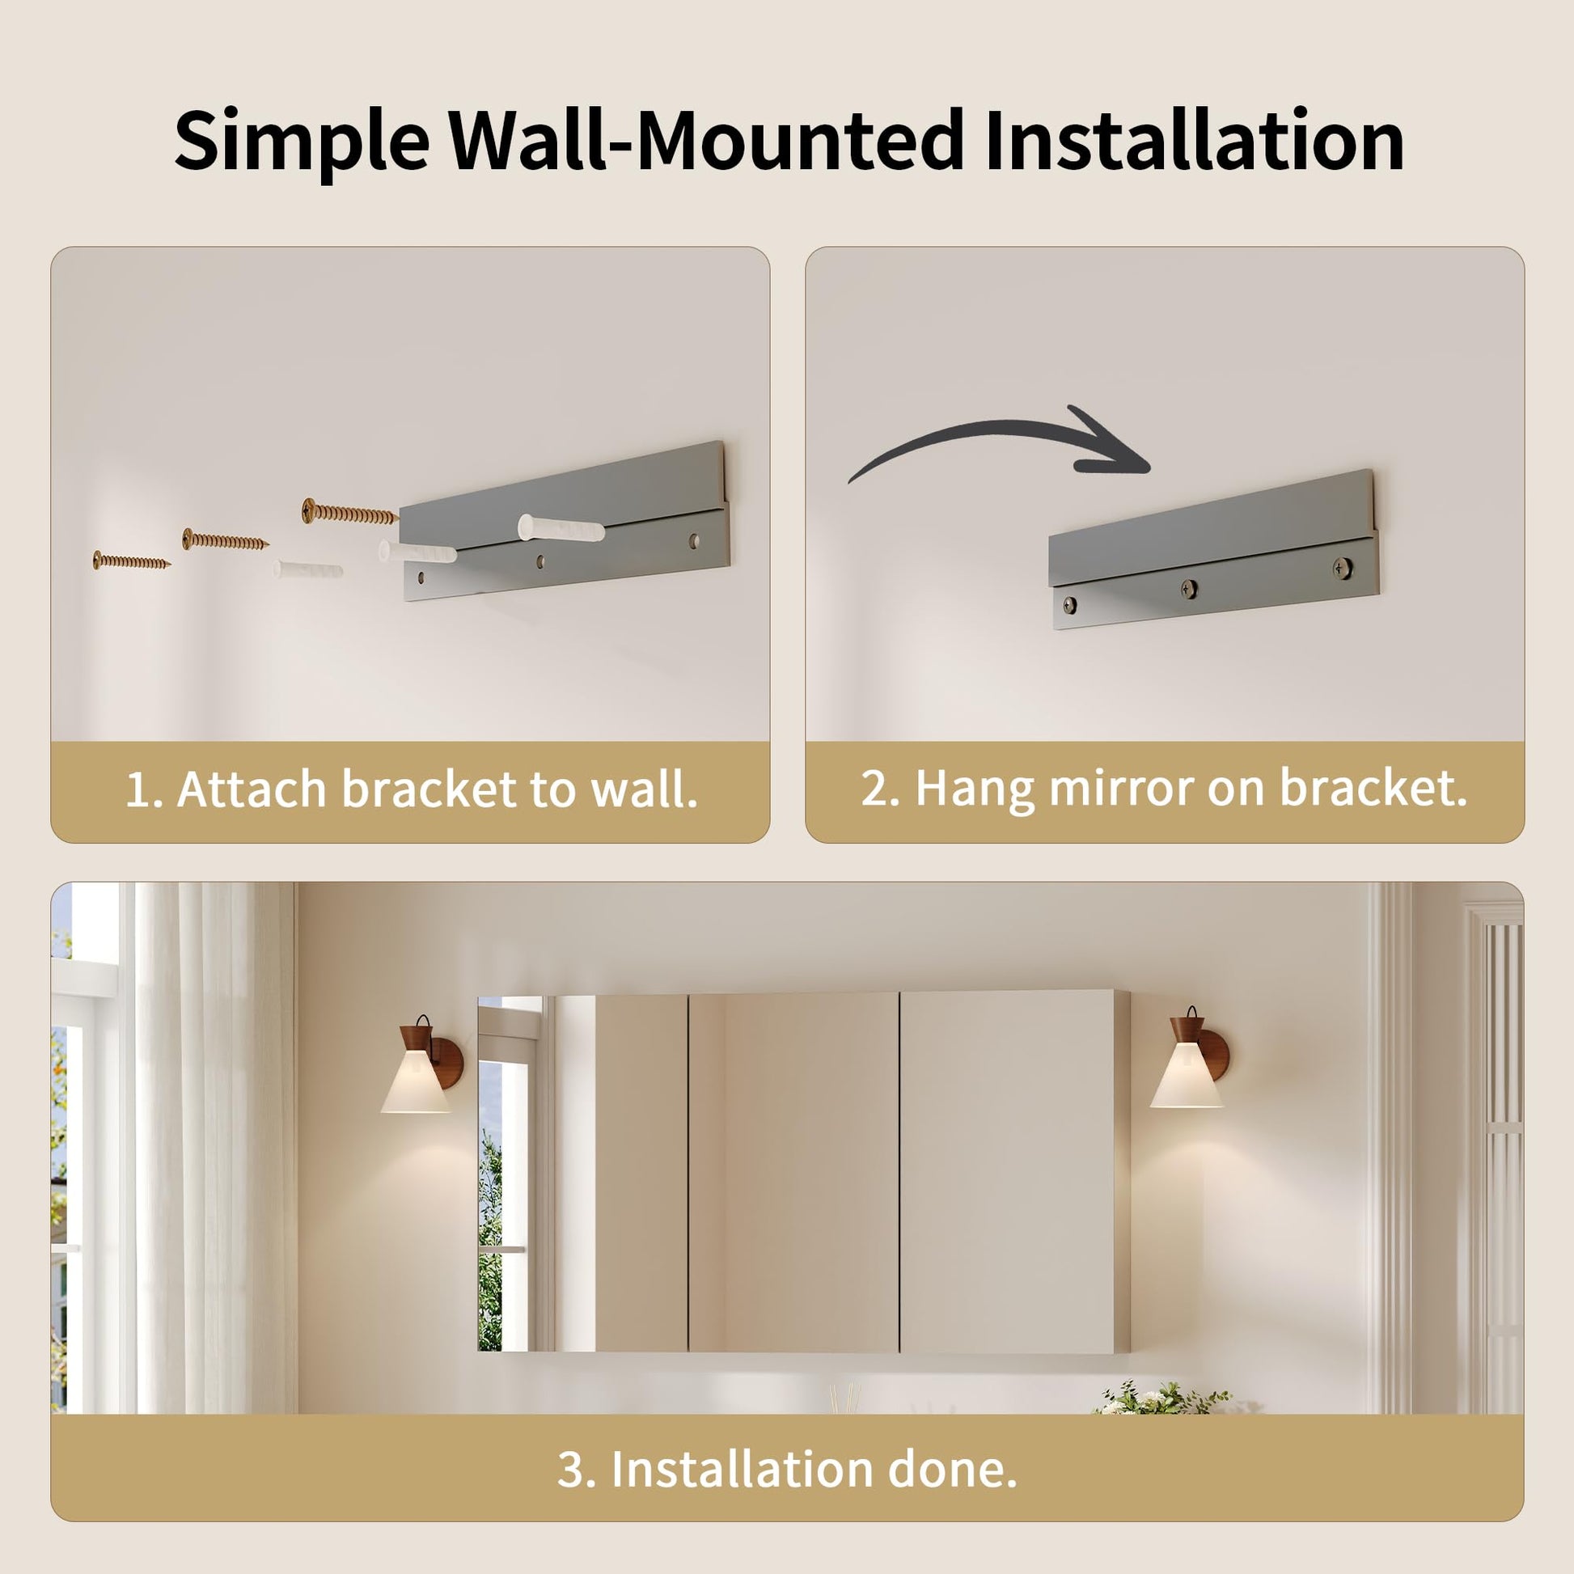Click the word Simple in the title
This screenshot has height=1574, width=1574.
(x=302, y=142)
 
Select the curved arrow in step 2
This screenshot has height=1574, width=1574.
(x=1001, y=442)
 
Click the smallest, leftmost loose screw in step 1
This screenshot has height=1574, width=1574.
(x=131, y=561)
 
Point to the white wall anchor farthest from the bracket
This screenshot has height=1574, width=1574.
(x=308, y=569)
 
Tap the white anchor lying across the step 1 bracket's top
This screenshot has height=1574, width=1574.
(x=561, y=528)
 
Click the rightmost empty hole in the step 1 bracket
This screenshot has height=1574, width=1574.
(x=693, y=539)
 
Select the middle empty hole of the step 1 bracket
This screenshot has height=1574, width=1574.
(x=539, y=561)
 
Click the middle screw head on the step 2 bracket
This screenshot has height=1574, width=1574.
(x=1190, y=586)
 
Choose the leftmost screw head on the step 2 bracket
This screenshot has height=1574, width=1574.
(x=1070, y=603)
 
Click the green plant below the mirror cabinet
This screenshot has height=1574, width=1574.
(x=1161, y=1398)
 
